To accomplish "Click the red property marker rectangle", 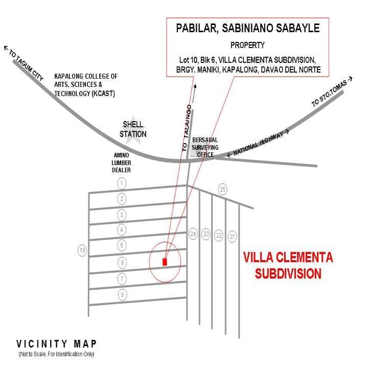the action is coord(165,262).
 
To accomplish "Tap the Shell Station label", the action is coord(133,129).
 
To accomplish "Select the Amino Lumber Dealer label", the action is coord(121,163).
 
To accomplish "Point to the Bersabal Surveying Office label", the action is coord(205,147).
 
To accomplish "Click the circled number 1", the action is coord(122,183).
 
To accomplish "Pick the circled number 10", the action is coord(82,250).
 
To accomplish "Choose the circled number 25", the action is coord(223,189).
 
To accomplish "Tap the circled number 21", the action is coord(233,236).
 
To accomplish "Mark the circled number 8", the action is coord(122,294).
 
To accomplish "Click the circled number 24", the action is coord(193,234).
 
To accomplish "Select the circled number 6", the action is coord(122,262).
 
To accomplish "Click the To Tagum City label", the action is coord(24,63).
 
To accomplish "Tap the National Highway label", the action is coord(258,143).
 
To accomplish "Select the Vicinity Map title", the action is coord(56,344).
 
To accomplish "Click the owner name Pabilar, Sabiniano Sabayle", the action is coord(248,28).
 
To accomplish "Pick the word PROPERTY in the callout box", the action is coord(247,45).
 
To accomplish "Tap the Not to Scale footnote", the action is coord(57,354).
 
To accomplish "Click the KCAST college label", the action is coord(86,85).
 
